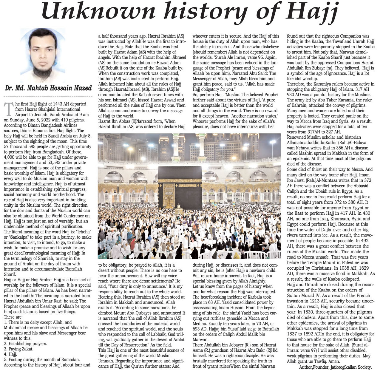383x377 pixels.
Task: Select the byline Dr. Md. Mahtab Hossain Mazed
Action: [48, 88]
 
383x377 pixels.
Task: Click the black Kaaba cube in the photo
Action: [180, 185]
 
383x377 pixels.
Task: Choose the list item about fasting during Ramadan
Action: [42, 359]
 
